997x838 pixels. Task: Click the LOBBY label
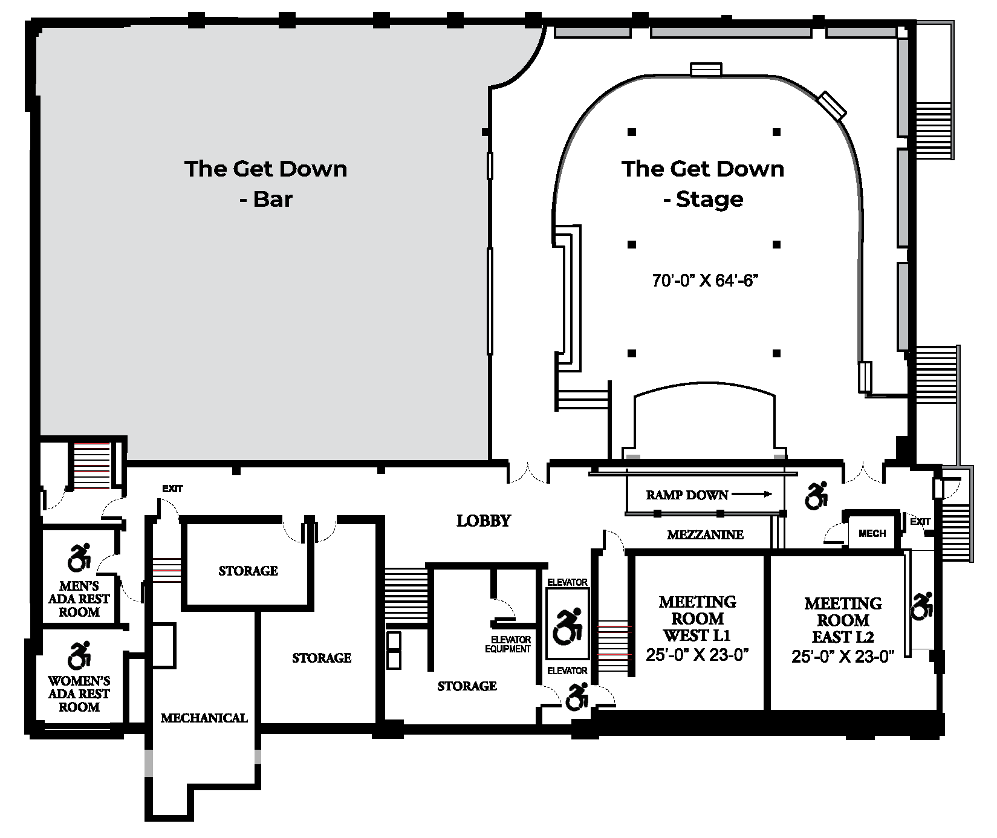coord(484,521)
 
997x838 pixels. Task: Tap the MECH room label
coord(872,533)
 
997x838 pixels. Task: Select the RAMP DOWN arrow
coord(752,495)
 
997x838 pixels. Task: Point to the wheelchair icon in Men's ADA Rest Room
coord(79,557)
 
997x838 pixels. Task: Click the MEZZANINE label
coord(705,534)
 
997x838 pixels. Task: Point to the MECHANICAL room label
coord(204,718)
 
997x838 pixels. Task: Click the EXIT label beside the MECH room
coord(920,521)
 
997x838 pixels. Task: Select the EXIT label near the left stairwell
coord(172,489)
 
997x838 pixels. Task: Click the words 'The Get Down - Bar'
coord(266,183)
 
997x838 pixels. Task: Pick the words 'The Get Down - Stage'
coord(703,183)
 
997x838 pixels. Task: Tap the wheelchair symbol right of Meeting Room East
coord(923,605)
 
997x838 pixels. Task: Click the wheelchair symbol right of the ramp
coord(816,495)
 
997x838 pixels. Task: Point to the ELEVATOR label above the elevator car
coord(567,582)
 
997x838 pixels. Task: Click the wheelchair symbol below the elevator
coord(577,697)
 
